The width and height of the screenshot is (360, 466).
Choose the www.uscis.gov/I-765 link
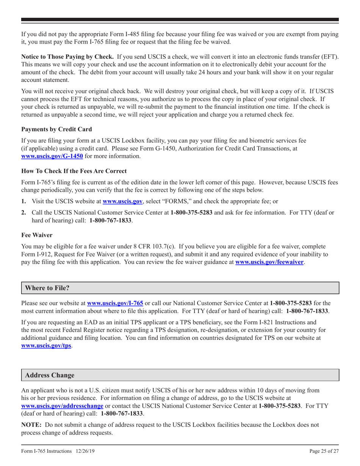(115, 303)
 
